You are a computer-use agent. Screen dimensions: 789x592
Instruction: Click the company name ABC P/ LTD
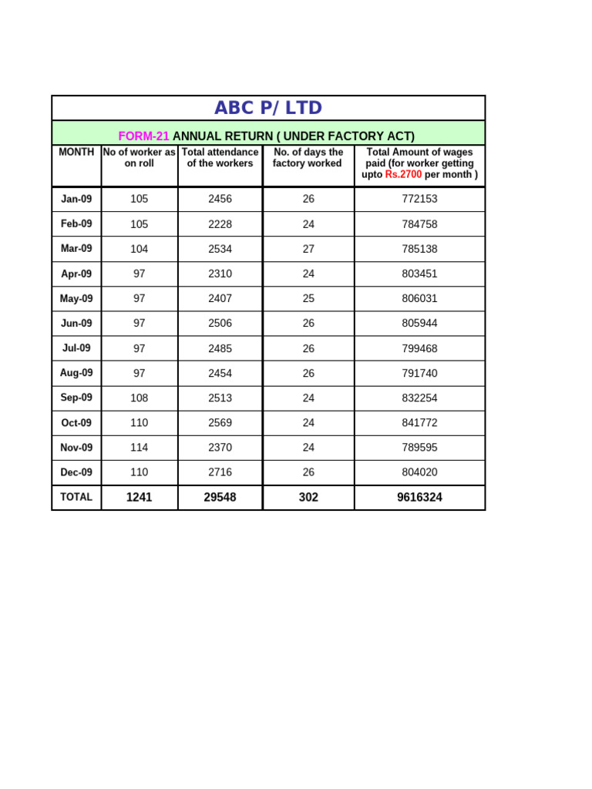tap(268, 108)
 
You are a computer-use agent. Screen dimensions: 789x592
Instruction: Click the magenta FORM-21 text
tap(143, 136)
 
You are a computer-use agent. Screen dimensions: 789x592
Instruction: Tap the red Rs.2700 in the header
tap(403, 175)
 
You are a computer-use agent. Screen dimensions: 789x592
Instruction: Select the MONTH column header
tap(76, 153)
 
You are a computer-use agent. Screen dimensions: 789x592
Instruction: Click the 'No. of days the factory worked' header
tap(308, 158)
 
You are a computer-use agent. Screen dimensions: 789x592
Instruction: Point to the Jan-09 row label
tap(76, 199)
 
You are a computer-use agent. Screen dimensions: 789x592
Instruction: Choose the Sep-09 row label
tap(76, 398)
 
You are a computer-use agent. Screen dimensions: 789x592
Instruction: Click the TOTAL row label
tap(76, 497)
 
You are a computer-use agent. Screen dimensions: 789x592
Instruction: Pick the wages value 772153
tap(419, 199)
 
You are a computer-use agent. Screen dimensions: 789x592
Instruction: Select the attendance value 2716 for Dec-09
tap(220, 472)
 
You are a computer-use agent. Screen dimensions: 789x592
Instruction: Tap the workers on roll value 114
tap(139, 448)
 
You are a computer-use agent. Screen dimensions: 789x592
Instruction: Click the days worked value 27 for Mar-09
tap(308, 249)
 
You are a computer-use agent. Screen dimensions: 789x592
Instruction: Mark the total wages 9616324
tap(419, 498)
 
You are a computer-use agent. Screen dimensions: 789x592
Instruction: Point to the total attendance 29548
tap(220, 498)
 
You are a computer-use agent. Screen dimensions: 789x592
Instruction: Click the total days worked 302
tap(308, 498)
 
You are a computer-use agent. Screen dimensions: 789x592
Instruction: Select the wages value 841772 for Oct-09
tap(419, 423)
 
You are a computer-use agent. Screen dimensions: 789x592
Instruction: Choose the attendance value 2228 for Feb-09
tap(220, 224)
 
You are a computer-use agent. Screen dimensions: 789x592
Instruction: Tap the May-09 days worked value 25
tap(308, 299)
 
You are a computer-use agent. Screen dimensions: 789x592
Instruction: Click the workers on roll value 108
tap(139, 398)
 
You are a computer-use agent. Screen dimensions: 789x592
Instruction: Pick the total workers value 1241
tap(139, 498)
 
